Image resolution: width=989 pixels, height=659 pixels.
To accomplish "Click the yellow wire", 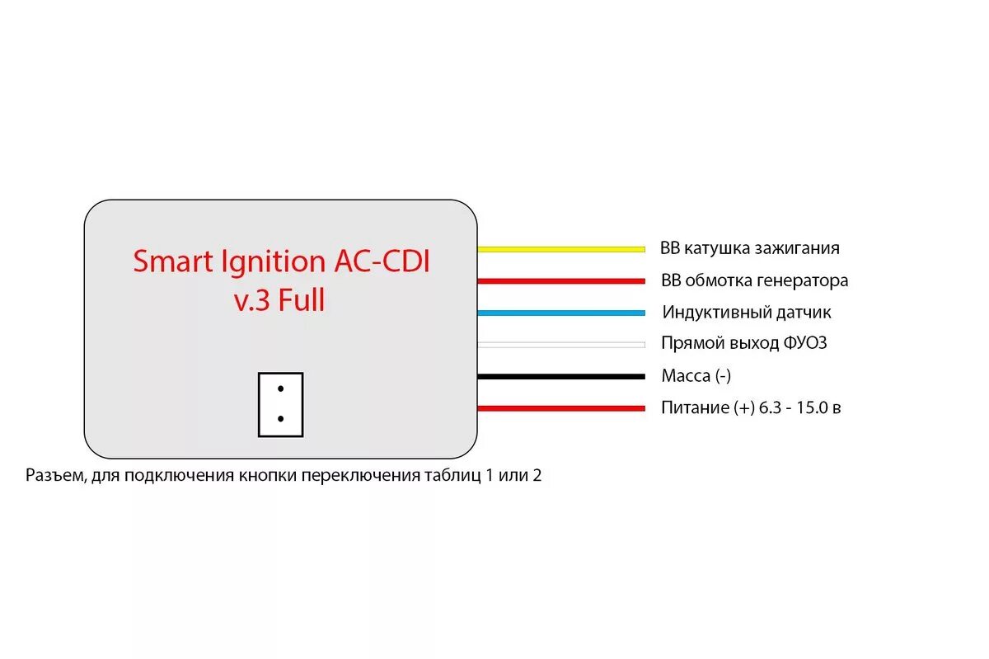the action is pyautogui.click(x=560, y=248).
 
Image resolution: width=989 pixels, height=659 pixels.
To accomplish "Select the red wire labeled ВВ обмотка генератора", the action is pyautogui.click(x=560, y=281).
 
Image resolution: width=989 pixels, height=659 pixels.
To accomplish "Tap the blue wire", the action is pyautogui.click(x=560, y=313).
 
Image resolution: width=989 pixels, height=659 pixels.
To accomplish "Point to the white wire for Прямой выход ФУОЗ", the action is pyautogui.click(x=560, y=344).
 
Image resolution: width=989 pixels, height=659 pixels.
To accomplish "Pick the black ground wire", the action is pyautogui.click(x=560, y=377).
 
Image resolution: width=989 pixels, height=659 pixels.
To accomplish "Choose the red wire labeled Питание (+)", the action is pyautogui.click(x=560, y=408).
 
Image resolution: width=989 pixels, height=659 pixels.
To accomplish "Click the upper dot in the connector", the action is pyautogui.click(x=281, y=388).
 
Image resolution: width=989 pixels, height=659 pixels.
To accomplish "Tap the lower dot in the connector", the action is pyautogui.click(x=281, y=419).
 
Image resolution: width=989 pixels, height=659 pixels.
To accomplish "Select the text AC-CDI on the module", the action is pyautogui.click(x=382, y=262).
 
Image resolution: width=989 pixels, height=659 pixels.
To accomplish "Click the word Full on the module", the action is pyautogui.click(x=302, y=301).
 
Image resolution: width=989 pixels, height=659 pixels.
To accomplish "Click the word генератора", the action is pyautogui.click(x=802, y=281).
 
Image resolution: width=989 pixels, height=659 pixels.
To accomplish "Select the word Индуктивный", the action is pyautogui.click(x=715, y=313).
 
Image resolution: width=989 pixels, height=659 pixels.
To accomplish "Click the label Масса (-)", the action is pyautogui.click(x=696, y=377).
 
